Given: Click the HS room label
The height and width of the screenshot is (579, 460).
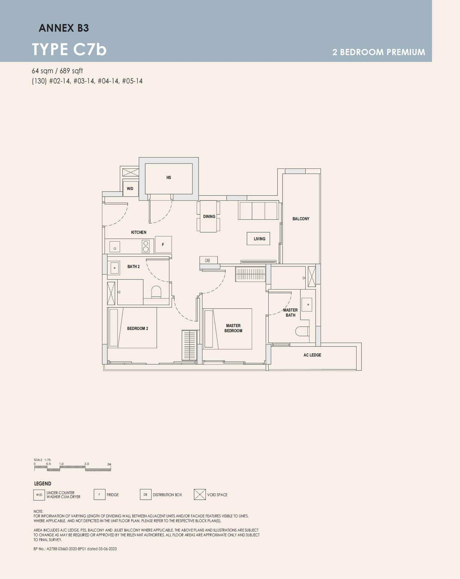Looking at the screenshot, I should (169, 178).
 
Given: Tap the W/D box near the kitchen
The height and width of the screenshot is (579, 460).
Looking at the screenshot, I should (130, 189).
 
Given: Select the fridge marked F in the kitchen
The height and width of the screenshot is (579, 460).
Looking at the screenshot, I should (163, 245).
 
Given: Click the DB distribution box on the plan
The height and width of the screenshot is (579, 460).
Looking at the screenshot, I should (208, 260).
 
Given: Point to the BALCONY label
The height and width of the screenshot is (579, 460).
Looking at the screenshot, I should (301, 219).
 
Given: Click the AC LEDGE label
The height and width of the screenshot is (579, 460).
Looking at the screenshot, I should (312, 355).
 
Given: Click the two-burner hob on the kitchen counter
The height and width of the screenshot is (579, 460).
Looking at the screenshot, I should (146, 246).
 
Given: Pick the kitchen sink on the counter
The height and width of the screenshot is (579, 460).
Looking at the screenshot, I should (115, 247).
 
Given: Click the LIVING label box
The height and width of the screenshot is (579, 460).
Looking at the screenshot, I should (259, 239).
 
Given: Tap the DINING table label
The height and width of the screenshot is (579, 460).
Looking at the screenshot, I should (209, 216).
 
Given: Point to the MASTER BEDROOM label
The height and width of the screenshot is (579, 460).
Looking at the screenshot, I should (233, 328).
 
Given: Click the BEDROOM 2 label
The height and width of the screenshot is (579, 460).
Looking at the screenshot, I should (137, 328).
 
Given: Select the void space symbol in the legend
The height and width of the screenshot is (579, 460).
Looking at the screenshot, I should (200, 494).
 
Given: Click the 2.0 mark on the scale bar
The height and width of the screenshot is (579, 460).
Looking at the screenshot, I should (87, 464).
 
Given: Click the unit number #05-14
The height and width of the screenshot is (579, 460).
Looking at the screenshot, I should (132, 81).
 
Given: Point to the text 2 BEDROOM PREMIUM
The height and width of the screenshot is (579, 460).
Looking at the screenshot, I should (379, 52).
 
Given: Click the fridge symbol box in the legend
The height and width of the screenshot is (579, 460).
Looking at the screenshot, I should (99, 494).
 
